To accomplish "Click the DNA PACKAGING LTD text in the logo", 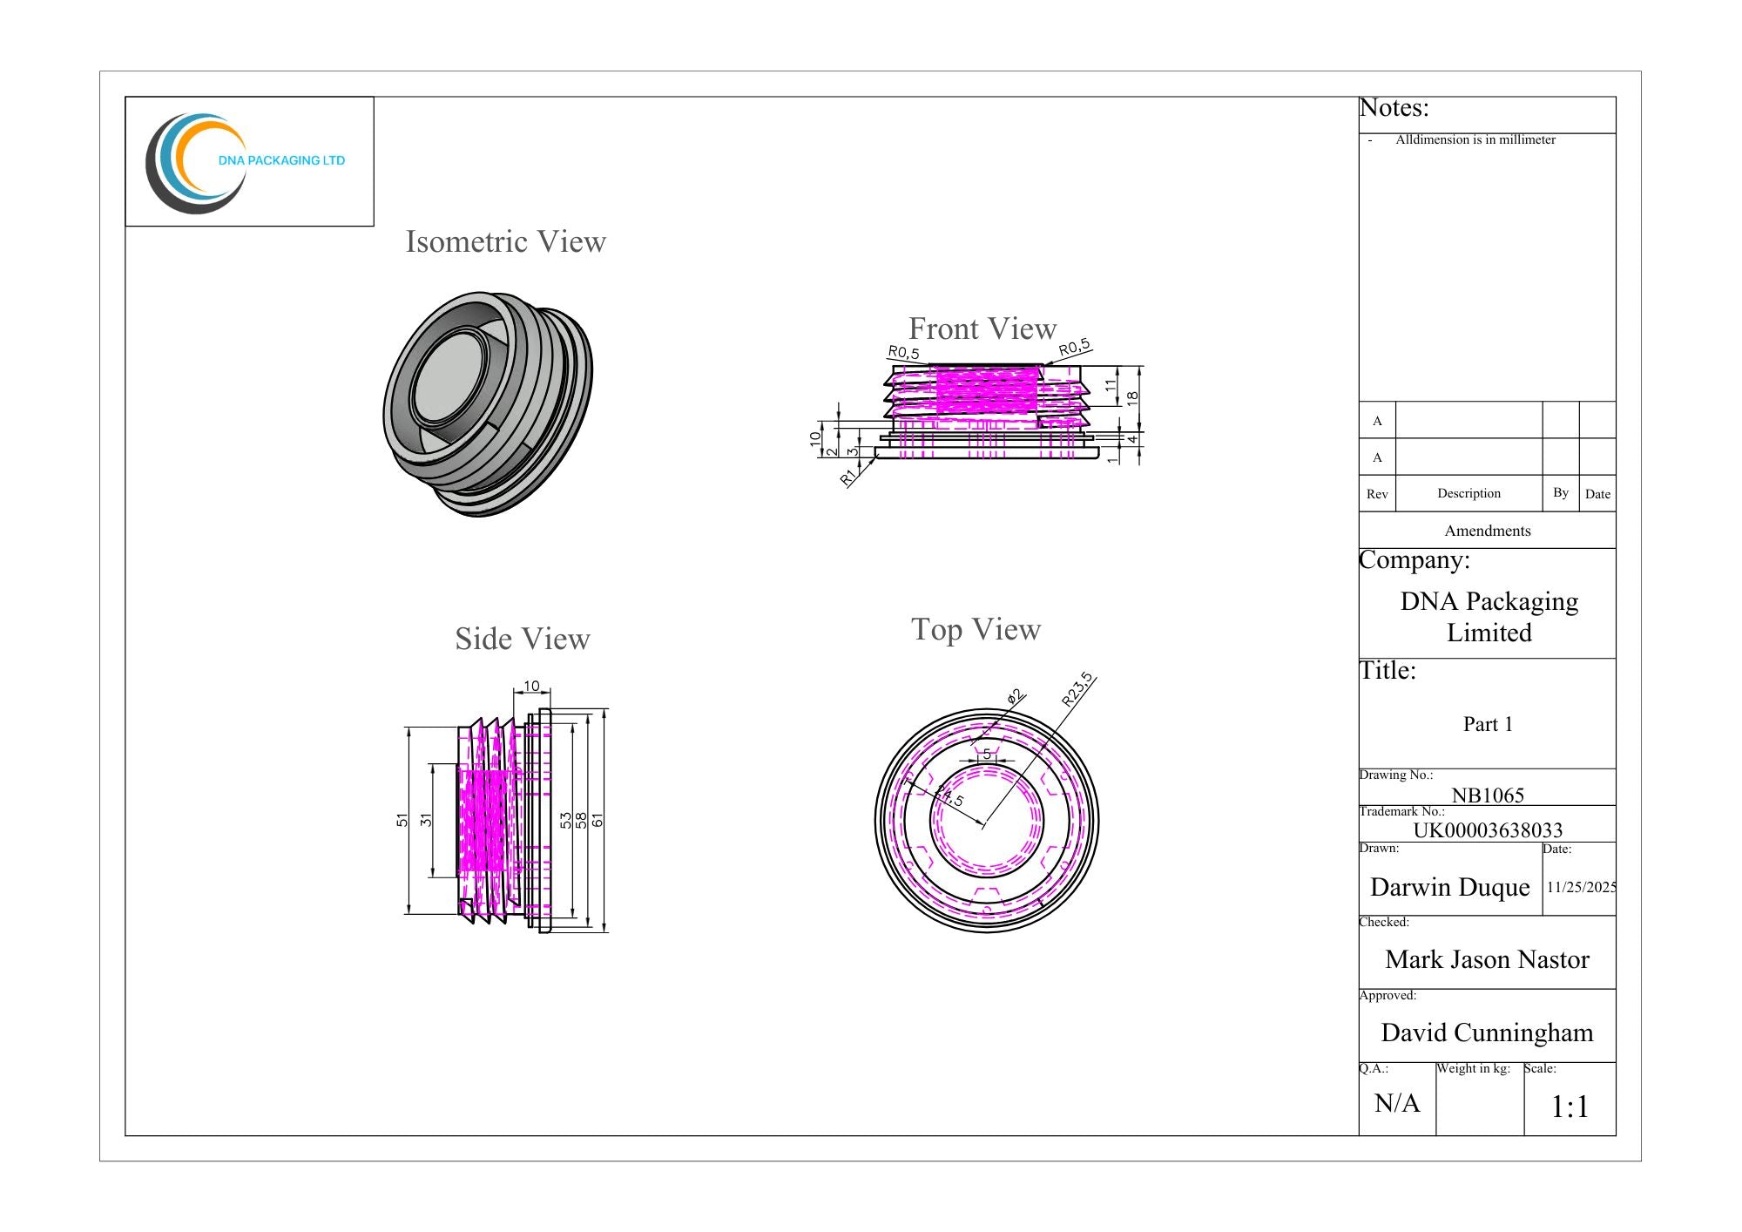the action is [x=281, y=160].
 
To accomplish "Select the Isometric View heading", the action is [x=506, y=241].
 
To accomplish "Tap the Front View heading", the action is [x=982, y=328].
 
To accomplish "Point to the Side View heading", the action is [x=523, y=639].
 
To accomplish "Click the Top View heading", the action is [x=976, y=629].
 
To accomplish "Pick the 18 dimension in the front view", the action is [x=1132, y=396].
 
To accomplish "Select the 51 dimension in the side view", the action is [x=402, y=820].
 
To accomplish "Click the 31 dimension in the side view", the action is [x=426, y=820].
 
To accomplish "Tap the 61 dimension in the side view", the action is [x=598, y=820].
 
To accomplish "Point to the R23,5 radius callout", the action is [x=1077, y=689].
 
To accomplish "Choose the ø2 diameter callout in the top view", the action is [x=1016, y=696].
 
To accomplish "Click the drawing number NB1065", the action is [x=1488, y=795].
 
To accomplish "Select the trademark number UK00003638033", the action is [x=1488, y=829].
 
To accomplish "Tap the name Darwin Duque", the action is [x=1450, y=887].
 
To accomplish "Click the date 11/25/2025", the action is [x=1582, y=887].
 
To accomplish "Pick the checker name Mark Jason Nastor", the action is [x=1488, y=959].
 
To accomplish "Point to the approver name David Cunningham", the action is [x=1488, y=1032].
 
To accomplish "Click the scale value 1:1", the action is [x=1570, y=1107].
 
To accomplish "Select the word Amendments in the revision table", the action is [x=1488, y=531].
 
